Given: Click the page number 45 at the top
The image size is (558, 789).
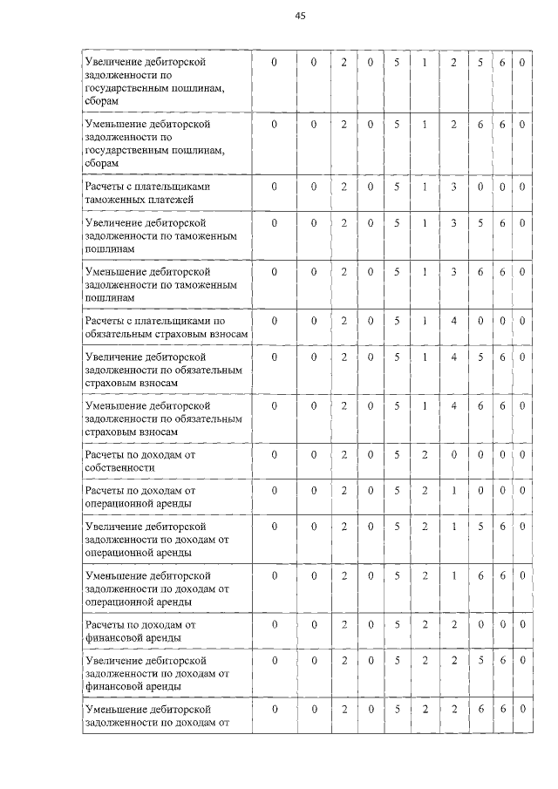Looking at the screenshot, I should click(x=301, y=17).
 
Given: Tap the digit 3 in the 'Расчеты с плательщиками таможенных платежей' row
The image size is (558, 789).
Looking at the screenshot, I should click(x=454, y=187).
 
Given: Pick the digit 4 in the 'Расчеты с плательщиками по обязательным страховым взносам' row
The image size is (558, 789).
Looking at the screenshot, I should click(x=454, y=321).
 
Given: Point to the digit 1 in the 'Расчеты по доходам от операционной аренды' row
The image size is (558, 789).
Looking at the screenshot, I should click(x=454, y=491).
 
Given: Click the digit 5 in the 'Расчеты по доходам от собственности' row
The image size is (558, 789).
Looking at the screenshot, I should click(x=397, y=454).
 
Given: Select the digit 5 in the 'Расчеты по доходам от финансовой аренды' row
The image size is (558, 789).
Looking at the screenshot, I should click(x=397, y=624).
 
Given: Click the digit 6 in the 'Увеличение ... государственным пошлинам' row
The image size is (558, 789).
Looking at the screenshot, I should click(x=503, y=64).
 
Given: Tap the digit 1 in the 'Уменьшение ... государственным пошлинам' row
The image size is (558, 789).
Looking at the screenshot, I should click(x=425, y=125).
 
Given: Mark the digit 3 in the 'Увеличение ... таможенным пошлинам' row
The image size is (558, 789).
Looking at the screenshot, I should click(x=454, y=223).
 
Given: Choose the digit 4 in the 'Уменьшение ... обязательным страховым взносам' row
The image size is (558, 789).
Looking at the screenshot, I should click(x=454, y=405).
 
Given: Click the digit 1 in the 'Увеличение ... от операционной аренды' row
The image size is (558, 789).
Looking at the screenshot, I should click(x=454, y=527).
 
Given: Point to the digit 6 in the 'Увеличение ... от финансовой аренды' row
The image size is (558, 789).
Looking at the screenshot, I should click(x=503, y=661).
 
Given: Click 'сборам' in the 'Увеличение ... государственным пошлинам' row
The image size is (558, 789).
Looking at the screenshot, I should click(x=100, y=101).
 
